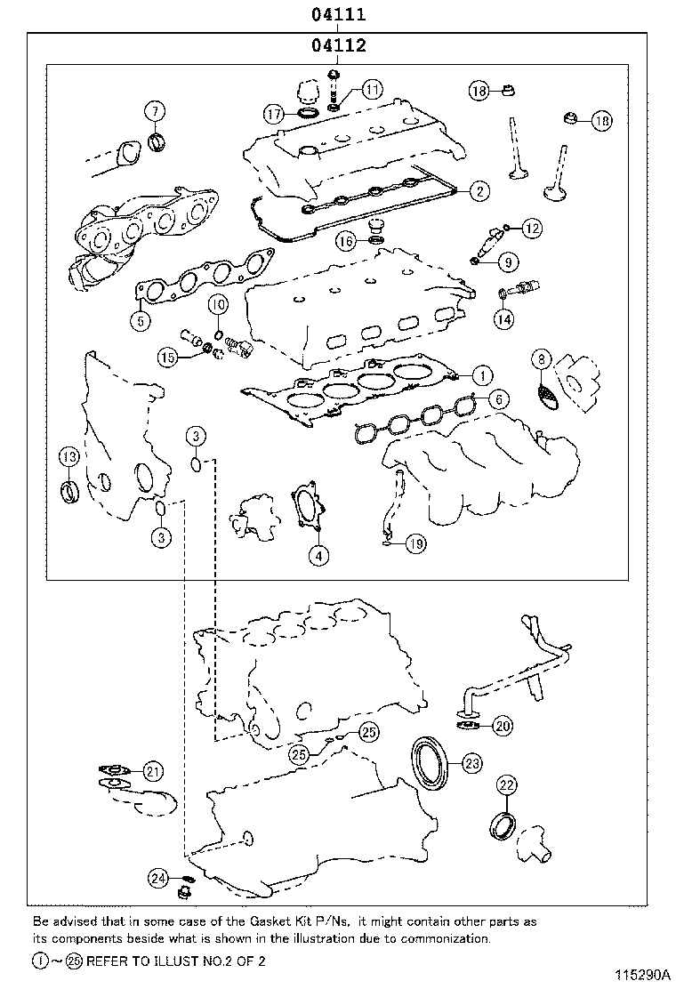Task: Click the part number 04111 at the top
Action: coord(337,15)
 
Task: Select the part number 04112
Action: coord(338,45)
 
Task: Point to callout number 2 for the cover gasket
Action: coord(479,189)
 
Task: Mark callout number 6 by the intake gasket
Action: coord(498,399)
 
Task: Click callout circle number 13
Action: coord(68,457)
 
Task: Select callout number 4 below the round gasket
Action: coord(318,556)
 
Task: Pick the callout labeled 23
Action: coord(471,762)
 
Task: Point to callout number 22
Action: coord(506,784)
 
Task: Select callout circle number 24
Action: coord(157,879)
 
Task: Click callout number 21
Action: coord(153,770)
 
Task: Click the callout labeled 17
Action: coord(273,114)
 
